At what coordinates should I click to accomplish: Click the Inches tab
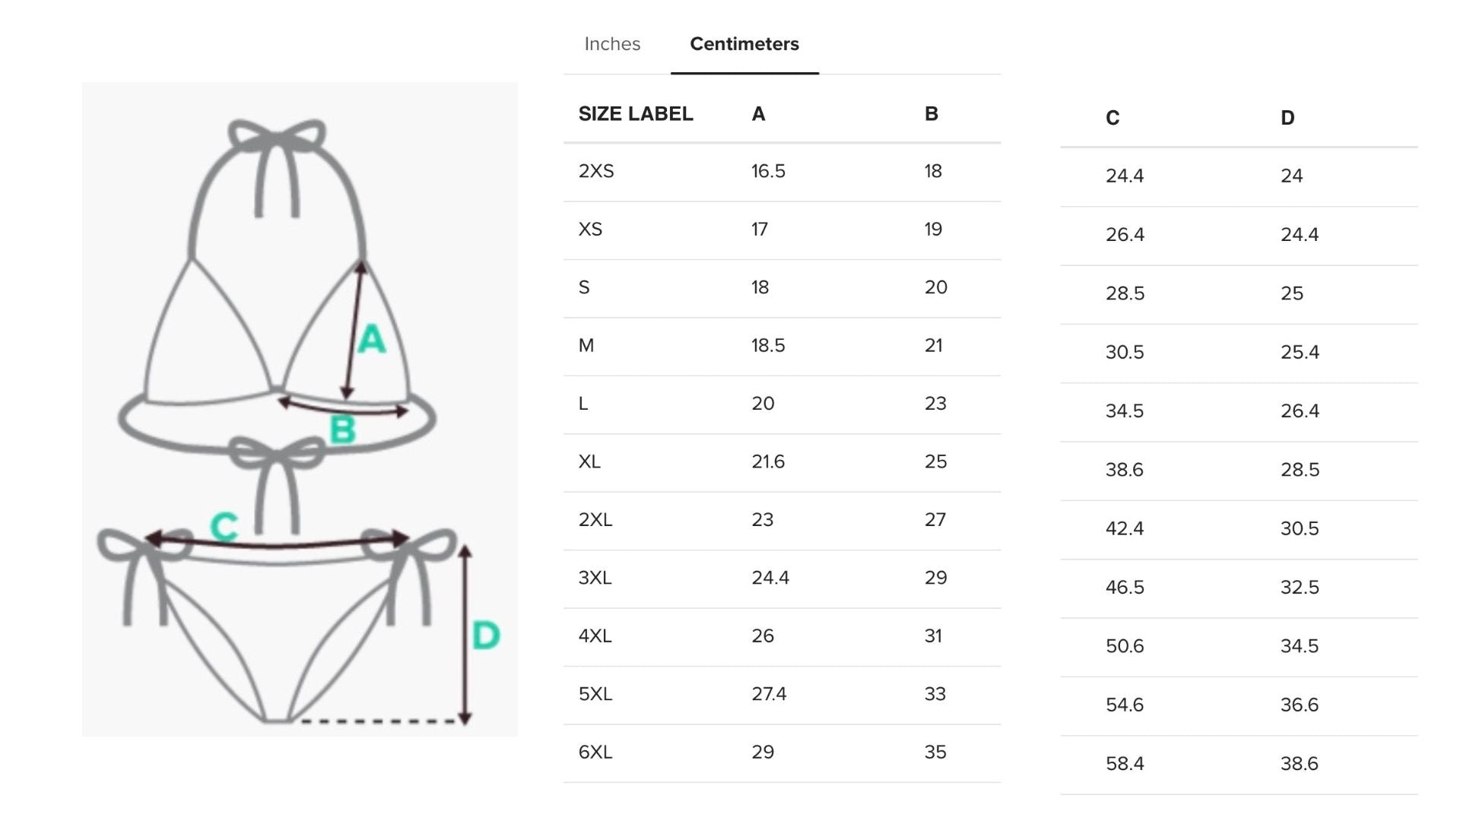point(612,44)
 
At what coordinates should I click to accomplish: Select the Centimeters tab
point(744,44)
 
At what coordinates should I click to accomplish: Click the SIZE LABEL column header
point(636,114)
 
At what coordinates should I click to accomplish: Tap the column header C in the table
point(1112,118)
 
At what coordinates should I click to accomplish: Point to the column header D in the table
point(1287,118)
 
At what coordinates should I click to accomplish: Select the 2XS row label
point(596,171)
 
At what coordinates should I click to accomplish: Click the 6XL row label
point(595,752)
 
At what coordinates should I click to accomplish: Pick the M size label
point(586,345)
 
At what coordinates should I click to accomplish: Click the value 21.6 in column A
point(768,461)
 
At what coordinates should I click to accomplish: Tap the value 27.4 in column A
point(769,694)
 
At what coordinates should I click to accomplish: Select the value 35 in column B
point(935,752)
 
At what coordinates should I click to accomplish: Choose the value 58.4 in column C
point(1125,763)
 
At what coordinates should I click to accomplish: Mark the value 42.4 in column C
point(1125,528)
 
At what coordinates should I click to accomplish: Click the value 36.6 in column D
point(1300,705)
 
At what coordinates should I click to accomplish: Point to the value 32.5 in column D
point(1300,587)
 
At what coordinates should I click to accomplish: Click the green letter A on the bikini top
point(372,339)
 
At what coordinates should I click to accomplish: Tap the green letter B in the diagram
point(343,430)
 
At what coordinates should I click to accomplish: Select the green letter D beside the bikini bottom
point(486,636)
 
